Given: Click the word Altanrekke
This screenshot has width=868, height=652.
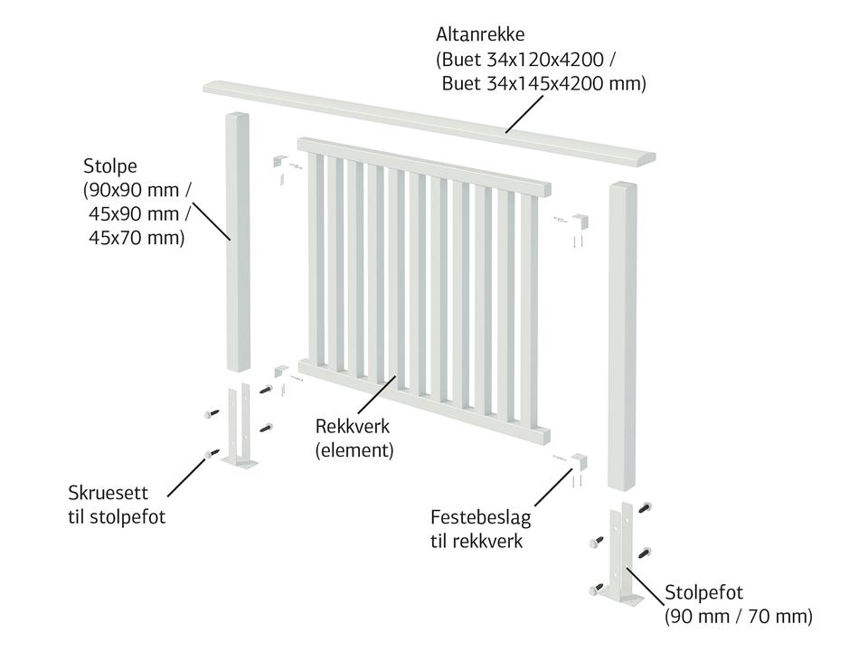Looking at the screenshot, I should pos(480,35).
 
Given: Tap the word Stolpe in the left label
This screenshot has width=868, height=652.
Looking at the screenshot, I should pos(111,166).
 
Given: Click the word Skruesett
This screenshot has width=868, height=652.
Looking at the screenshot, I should pos(108,494).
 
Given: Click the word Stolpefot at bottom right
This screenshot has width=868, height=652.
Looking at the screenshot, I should pos(703,593).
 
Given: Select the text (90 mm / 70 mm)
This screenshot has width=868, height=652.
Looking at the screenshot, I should pos(738,617).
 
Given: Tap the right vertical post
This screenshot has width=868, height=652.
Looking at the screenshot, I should pos(624,335).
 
